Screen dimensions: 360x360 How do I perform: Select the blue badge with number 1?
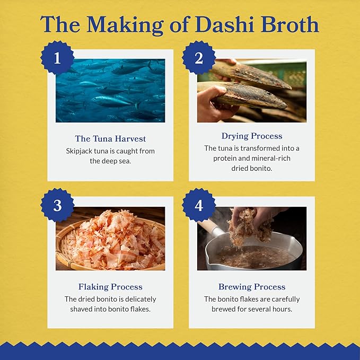click(57, 57)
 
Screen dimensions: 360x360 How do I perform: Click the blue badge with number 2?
click(199, 57)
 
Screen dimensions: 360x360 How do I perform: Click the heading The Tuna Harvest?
click(110, 139)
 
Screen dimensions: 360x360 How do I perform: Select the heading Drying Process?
click(252, 136)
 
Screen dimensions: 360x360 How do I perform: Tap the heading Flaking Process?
click(110, 287)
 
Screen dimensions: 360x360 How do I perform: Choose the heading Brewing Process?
click(252, 287)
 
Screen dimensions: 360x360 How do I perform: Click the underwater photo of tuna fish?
click(110, 91)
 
